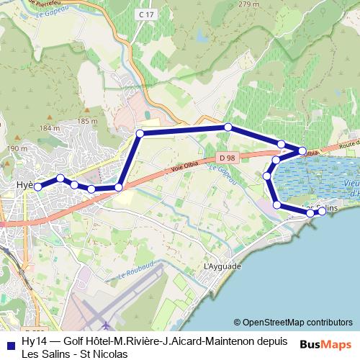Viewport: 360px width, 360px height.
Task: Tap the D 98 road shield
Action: (227, 158)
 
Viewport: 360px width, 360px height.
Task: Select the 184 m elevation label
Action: (50, 128)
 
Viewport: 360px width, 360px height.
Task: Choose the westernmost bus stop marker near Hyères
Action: (38, 186)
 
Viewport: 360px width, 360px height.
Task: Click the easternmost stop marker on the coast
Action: (322, 211)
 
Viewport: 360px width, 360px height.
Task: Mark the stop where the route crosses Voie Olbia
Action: (119, 187)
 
